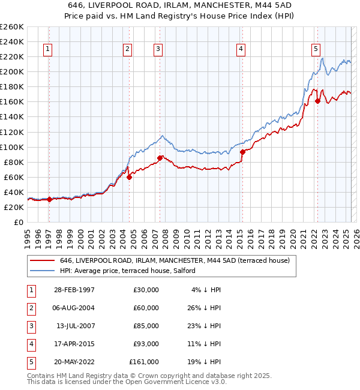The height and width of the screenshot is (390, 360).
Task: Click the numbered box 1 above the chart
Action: [x=48, y=50]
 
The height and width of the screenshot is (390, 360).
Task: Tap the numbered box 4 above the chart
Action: [x=241, y=50]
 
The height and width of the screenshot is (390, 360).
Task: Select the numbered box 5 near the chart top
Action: [x=316, y=50]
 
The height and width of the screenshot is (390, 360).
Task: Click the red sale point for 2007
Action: [x=160, y=158]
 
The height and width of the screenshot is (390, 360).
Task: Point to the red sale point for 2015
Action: [x=242, y=152]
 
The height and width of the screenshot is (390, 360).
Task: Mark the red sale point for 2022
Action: [x=317, y=101]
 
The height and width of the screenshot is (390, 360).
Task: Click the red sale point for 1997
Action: [x=50, y=200]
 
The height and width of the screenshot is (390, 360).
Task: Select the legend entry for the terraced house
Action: [x=175, y=260]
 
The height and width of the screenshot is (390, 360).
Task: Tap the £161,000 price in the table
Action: [x=144, y=362]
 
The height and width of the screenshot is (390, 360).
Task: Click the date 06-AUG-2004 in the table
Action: [x=74, y=308]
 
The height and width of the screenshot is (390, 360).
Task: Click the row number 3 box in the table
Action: [x=29, y=326]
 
